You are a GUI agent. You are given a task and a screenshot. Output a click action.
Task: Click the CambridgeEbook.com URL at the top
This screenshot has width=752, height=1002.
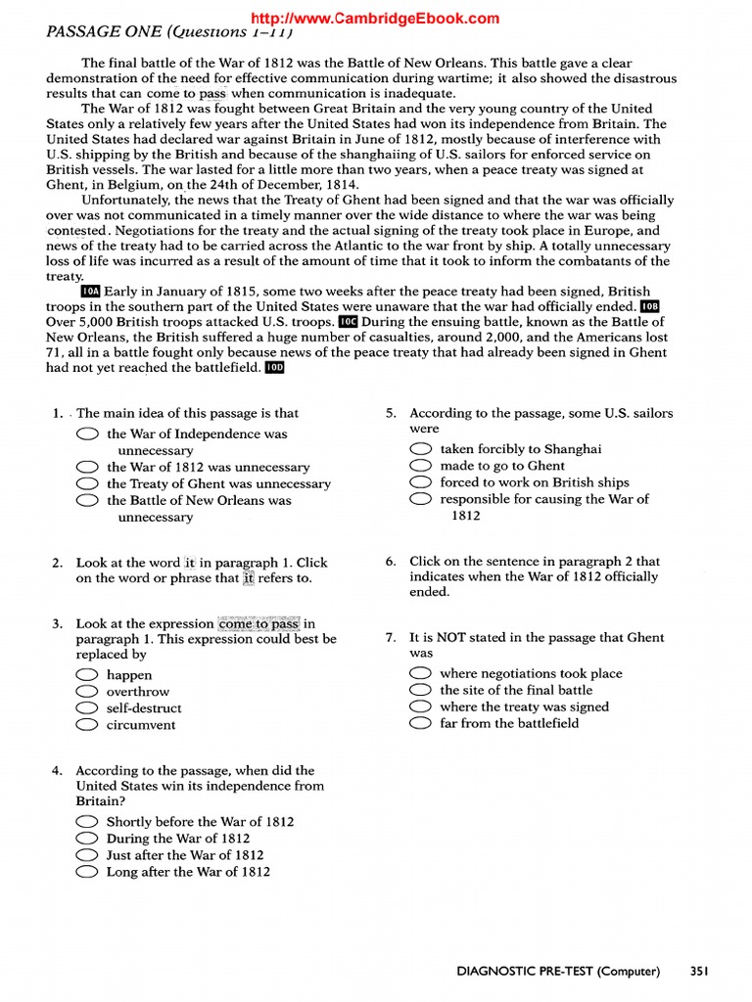pos(375,18)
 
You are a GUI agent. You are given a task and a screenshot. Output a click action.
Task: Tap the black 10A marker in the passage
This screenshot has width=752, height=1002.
pos(90,292)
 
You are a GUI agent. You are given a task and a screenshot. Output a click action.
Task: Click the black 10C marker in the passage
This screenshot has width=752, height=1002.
pos(349,322)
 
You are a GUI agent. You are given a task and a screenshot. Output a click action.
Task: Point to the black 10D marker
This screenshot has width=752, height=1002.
pos(275,368)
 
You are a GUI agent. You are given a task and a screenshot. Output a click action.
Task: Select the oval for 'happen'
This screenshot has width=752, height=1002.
pos(87,675)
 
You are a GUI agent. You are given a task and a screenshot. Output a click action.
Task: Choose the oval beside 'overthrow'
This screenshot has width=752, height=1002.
pos(87,692)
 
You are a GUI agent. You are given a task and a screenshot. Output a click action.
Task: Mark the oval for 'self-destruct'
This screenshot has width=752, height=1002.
pos(87,708)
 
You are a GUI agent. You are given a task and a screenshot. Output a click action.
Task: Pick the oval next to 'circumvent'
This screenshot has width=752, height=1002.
pos(87,725)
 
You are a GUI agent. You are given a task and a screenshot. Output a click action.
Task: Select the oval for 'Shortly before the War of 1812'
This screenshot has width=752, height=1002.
pos(87,822)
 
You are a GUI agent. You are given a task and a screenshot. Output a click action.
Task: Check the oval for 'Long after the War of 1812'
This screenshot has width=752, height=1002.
pos(87,872)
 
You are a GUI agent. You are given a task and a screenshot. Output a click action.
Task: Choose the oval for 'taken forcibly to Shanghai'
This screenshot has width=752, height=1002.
pos(421,449)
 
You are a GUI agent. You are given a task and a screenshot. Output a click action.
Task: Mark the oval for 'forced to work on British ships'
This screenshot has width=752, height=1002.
pos(421,482)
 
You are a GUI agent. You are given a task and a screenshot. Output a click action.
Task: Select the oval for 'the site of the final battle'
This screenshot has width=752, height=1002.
pos(421,690)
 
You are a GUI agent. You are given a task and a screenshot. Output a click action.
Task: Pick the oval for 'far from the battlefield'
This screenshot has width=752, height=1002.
pos(421,723)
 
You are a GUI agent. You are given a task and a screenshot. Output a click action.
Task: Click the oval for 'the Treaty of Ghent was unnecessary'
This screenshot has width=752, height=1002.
pos(87,484)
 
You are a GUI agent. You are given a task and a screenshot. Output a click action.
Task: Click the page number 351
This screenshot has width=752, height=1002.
pos(698,972)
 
